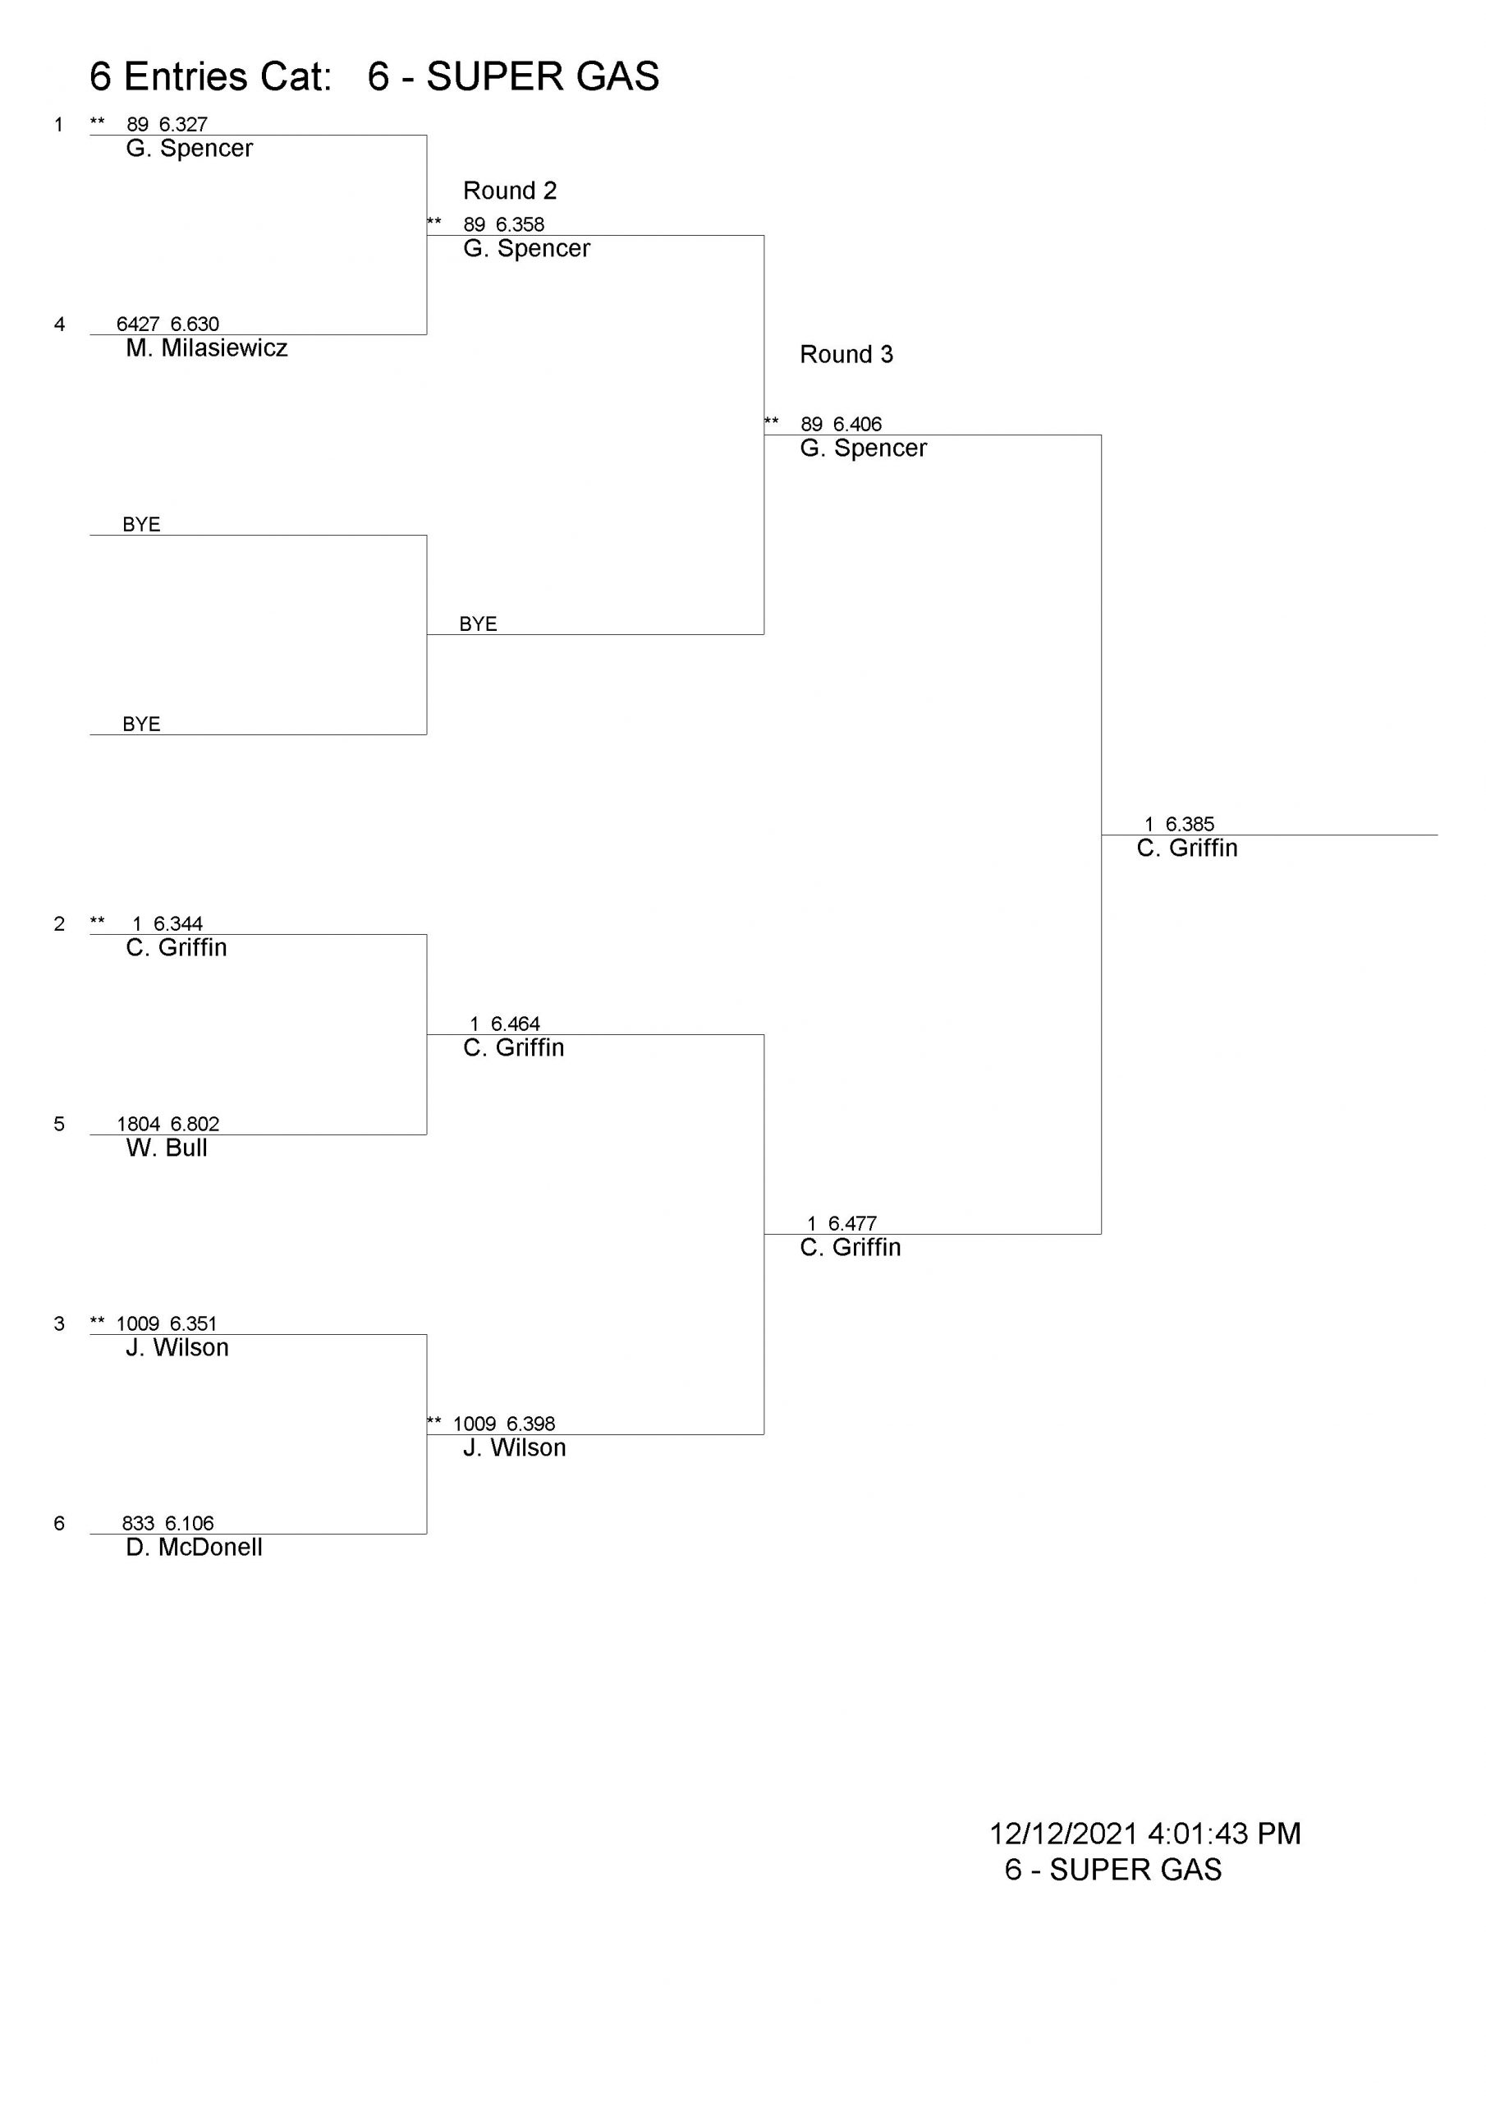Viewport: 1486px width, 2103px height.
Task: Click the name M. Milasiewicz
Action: pos(207,348)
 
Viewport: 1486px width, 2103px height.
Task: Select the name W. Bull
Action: pos(167,1148)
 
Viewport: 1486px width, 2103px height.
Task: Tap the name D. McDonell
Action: pos(194,1547)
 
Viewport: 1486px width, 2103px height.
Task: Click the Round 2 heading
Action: pos(510,191)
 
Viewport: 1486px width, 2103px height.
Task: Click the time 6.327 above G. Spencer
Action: pos(183,125)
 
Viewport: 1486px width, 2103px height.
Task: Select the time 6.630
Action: pos(195,324)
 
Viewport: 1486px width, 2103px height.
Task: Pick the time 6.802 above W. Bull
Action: pos(195,1124)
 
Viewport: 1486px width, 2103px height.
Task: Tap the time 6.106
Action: pos(190,1523)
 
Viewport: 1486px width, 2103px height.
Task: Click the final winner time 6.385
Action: pos(1190,824)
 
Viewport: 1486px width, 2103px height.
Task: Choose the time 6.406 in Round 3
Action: pos(857,424)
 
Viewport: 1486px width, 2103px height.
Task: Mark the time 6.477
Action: pos(852,1224)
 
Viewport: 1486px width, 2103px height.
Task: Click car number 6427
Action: pos(138,324)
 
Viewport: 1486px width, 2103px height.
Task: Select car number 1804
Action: pos(138,1124)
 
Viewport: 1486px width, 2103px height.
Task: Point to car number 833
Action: pos(138,1523)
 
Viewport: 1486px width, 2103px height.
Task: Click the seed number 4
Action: pos(59,324)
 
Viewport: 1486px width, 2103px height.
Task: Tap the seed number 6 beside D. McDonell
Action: pos(59,1523)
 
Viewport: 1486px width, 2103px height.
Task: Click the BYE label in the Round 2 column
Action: pos(478,624)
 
